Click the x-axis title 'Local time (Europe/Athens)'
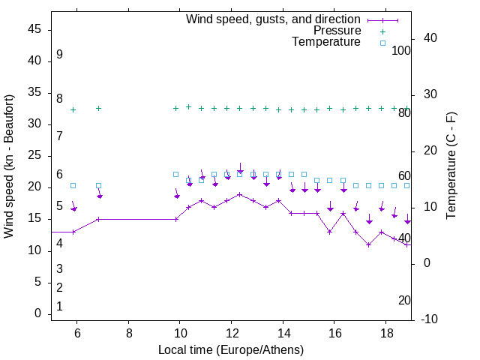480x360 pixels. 231,350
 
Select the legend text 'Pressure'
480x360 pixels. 337,31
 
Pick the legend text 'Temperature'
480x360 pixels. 326,42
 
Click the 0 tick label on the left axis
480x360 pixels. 39,313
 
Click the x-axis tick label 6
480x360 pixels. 76,332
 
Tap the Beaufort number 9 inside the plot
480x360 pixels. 59,55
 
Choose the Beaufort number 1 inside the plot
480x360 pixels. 59,307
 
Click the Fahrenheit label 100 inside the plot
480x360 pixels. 401,50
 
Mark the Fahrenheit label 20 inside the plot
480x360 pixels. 404,300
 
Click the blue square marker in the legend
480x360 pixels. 382,43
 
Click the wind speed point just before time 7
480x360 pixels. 99,219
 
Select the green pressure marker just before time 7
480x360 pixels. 99,109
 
